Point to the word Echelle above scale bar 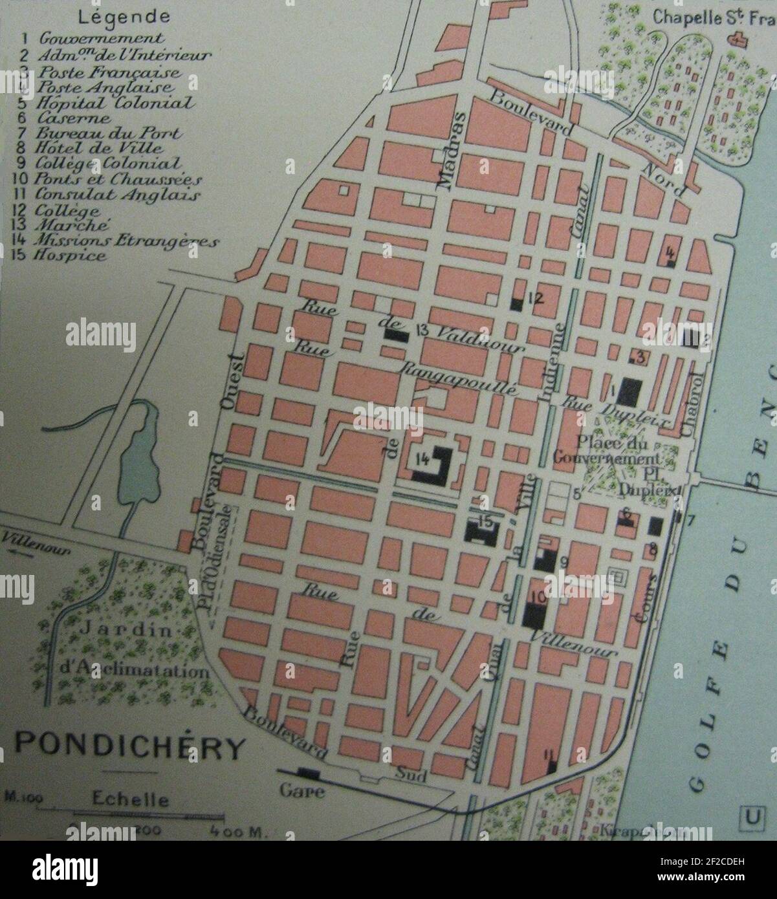130,799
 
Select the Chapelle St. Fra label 712,17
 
